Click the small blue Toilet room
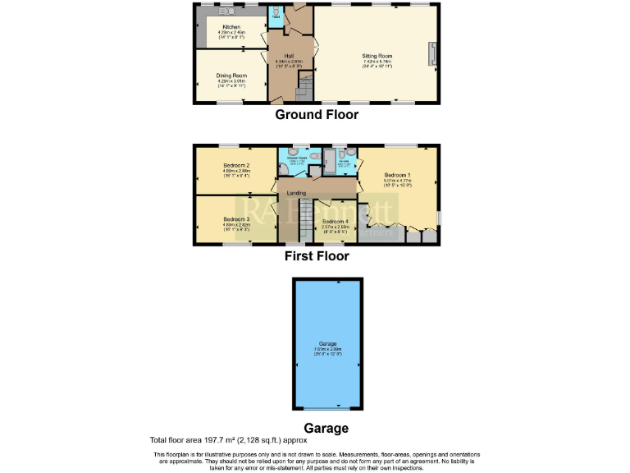tap(276, 14)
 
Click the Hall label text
tap(290, 55)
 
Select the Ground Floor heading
tap(316, 115)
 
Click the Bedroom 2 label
tap(236, 166)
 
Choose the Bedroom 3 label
tap(236, 219)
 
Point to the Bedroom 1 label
tap(397, 175)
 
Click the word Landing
tap(296, 193)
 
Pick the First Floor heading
tap(316, 256)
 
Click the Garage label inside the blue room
tap(327, 343)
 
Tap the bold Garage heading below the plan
tap(326, 428)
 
